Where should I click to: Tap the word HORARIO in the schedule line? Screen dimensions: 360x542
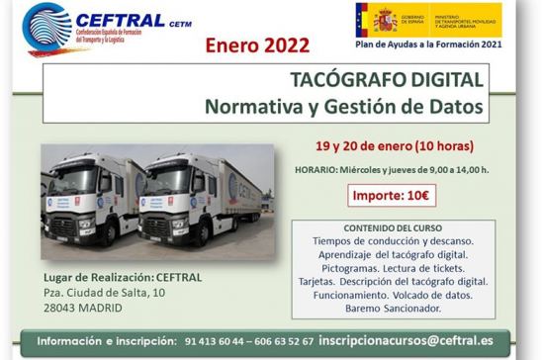tap(324, 169)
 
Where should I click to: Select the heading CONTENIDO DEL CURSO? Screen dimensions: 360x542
tap(394, 226)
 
